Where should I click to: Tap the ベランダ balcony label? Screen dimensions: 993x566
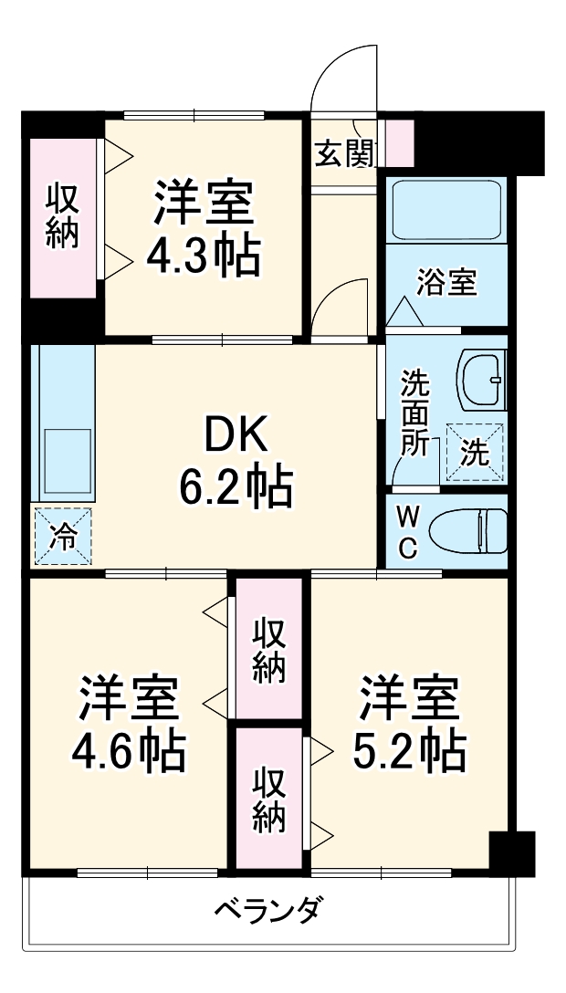click(267, 910)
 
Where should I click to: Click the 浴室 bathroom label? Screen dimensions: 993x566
click(446, 282)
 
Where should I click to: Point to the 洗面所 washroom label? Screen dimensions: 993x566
click(415, 411)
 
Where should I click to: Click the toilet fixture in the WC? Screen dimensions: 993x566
click(468, 531)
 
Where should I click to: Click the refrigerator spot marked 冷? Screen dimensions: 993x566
click(61, 535)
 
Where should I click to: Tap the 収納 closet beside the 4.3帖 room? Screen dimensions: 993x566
click(63, 217)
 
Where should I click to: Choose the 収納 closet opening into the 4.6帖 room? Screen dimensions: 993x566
click(269, 650)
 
